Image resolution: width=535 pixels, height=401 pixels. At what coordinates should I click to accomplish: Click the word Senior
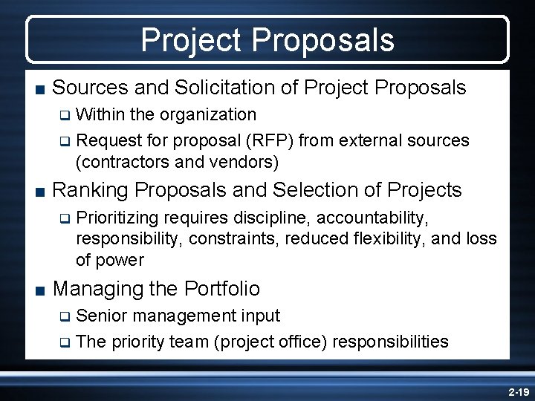(x=101, y=316)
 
